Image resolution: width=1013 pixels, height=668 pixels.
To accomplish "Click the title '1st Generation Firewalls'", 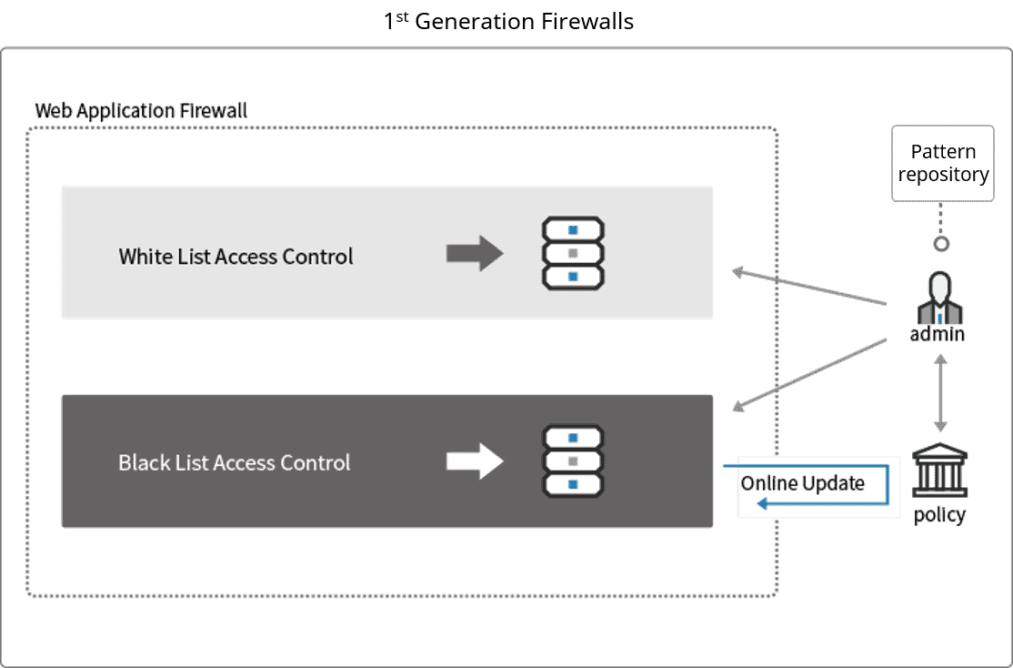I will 517,22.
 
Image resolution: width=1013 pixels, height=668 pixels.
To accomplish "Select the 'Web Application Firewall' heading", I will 141,111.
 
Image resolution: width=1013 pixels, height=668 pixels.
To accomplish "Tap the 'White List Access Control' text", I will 236,257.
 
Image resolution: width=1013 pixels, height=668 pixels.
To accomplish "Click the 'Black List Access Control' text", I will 234,462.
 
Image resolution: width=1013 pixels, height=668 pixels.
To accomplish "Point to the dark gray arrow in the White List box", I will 474,254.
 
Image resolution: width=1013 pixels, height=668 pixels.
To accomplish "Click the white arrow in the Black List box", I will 474,461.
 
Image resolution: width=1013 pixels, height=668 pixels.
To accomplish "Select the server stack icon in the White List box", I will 573,254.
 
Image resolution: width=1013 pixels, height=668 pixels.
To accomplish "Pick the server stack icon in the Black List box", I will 573,461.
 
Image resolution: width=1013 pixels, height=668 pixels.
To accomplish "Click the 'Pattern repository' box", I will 943,164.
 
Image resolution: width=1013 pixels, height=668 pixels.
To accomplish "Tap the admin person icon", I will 938,297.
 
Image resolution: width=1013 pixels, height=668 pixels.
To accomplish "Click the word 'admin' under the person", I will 938,335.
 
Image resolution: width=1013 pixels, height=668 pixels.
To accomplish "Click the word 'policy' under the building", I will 939,515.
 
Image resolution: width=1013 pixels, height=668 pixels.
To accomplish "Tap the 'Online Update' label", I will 802,482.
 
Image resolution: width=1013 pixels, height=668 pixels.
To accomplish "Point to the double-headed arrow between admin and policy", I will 940,393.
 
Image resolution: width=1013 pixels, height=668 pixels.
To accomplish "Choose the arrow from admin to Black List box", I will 809,375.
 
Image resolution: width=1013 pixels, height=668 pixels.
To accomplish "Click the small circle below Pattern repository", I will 942,243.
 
